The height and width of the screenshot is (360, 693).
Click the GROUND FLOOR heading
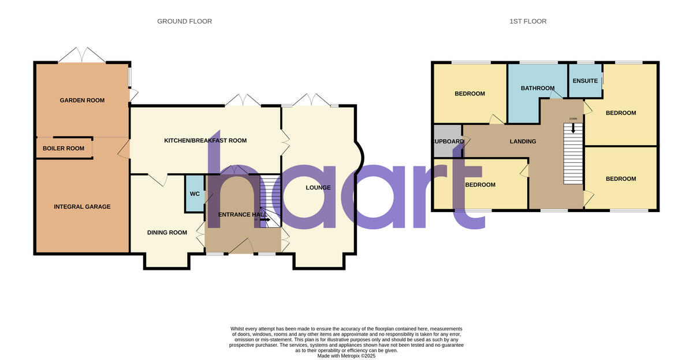point(184,21)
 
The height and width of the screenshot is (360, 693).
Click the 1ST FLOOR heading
point(528,21)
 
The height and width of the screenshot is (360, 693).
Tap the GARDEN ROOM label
point(82,101)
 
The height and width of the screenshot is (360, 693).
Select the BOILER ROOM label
point(64,149)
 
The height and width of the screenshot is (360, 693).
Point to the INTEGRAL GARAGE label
point(82,207)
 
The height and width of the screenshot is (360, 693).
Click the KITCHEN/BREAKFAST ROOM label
point(205,140)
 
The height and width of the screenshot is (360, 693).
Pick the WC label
point(195,194)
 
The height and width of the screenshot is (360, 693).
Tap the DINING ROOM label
point(167,233)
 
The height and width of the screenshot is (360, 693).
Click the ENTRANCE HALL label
point(243,214)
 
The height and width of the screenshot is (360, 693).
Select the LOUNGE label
point(318,188)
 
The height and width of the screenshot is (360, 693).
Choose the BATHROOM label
point(538,88)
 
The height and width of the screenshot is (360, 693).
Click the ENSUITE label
point(585,81)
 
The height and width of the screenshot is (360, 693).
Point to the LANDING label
point(523,142)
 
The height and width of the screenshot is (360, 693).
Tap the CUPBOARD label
point(448,142)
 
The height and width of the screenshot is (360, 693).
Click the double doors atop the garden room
point(83,55)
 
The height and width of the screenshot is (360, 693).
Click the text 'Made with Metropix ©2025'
point(346,356)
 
